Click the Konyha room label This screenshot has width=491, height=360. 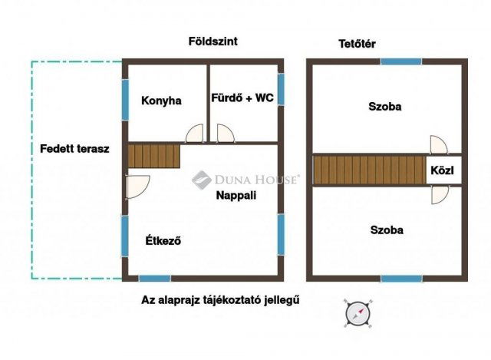pos(161,101)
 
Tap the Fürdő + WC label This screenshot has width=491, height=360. pos(242,97)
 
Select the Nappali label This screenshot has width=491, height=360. pos(236,195)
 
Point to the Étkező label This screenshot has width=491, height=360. pos(163,241)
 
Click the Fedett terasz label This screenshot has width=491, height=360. pos(74,149)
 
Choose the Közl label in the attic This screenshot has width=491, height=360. pos(443,170)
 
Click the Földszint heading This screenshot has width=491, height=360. pos(213,41)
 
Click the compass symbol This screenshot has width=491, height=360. pos(356,312)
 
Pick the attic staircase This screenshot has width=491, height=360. pos(370,170)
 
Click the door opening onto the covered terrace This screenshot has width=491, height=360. pos(137,187)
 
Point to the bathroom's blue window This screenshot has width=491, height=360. pos(281,89)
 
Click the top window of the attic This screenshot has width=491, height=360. pos(401,61)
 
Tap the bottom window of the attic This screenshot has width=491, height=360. pos(401,278)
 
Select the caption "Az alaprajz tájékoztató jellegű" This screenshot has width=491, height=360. pos(220,300)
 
